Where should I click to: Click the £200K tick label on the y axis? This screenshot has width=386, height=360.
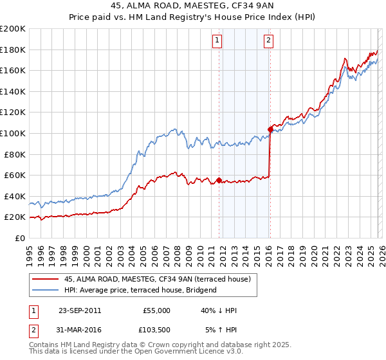click(13, 29)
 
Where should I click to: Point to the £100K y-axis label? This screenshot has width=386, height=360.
click(13, 133)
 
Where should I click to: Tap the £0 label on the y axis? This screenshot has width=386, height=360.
click(20, 238)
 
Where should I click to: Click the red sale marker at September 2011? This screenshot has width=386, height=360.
click(219, 180)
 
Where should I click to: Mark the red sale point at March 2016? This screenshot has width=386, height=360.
click(270, 130)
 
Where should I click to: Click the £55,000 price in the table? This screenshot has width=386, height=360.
click(156, 310)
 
